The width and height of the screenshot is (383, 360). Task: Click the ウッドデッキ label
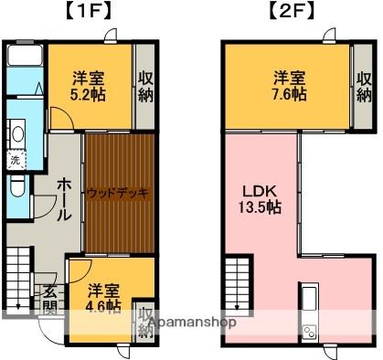(x=117, y=193)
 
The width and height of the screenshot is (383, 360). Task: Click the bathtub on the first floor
(x=24, y=54)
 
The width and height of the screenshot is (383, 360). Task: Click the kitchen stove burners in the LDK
(x=308, y=332)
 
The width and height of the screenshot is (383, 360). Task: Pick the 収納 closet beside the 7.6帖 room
(x=364, y=86)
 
